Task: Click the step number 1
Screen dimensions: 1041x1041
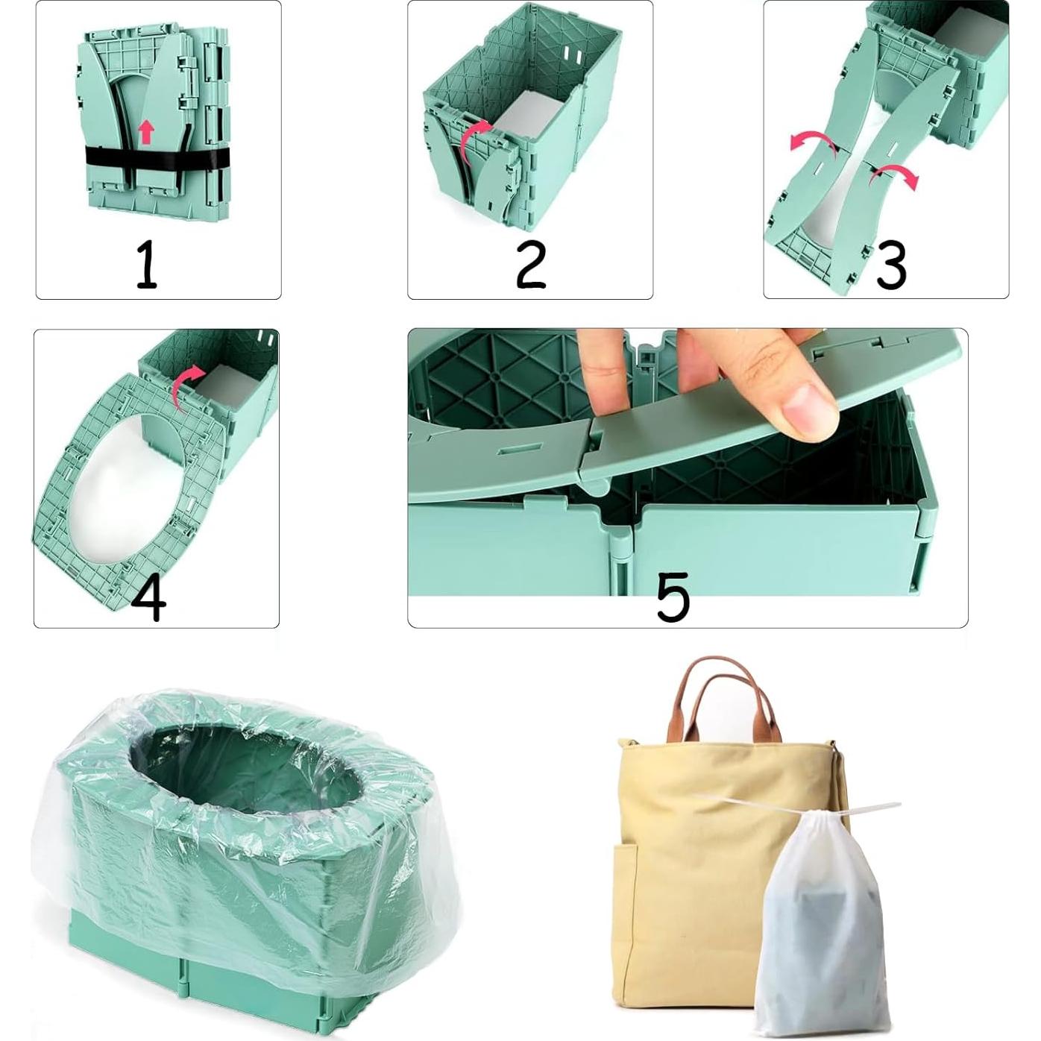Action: coord(146,265)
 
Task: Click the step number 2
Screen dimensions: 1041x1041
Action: coord(531,265)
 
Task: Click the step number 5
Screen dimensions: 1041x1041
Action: coord(673,597)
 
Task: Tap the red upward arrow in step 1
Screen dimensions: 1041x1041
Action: coord(146,132)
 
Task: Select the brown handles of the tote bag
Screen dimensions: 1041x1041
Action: coord(723,697)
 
